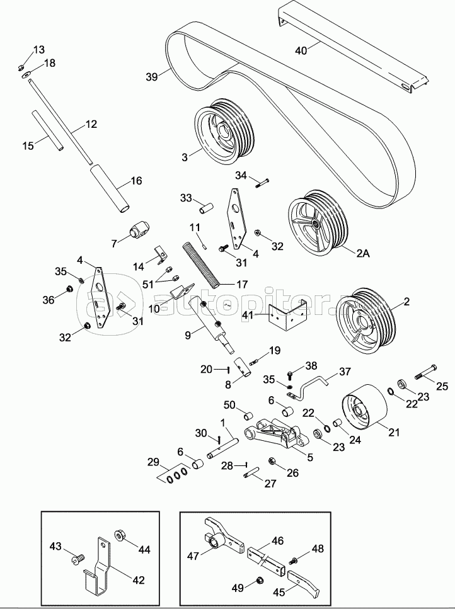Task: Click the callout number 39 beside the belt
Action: pyautogui.click(x=151, y=77)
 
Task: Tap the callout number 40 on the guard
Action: pyautogui.click(x=301, y=50)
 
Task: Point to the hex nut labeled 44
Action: pyautogui.click(x=119, y=536)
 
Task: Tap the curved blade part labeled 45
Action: pyautogui.click(x=305, y=583)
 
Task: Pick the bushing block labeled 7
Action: pyautogui.click(x=139, y=231)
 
